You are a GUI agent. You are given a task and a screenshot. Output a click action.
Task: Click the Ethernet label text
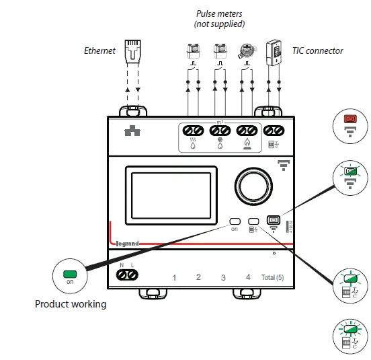tap(99, 50)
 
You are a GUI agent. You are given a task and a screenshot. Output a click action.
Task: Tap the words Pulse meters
tap(220, 13)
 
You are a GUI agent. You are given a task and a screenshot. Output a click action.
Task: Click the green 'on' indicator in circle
tap(69, 276)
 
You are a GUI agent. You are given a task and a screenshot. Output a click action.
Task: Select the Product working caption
tap(71, 304)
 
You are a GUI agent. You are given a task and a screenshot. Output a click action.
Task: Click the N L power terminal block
tap(126, 275)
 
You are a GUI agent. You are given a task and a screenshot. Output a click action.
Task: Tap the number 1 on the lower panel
tap(174, 277)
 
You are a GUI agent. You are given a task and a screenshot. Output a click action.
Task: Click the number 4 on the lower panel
tap(248, 277)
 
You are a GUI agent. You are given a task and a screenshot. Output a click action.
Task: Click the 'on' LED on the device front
tap(235, 221)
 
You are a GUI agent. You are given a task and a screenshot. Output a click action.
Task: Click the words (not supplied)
tap(220, 24)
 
